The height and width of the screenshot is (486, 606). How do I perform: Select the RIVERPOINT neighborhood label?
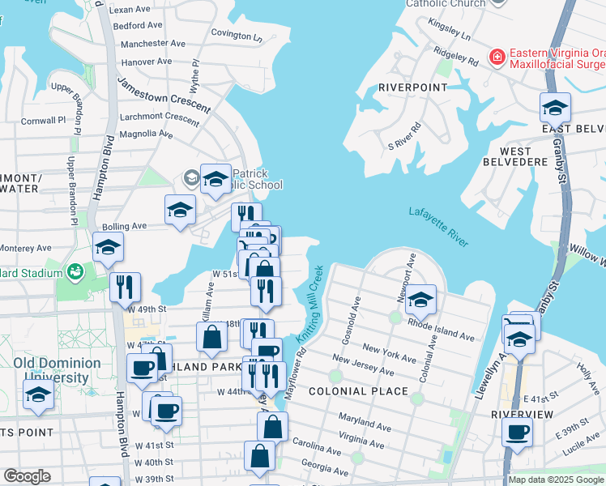pyautogui.click(x=412, y=87)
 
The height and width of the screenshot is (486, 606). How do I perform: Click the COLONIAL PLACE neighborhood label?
pyautogui.click(x=358, y=391)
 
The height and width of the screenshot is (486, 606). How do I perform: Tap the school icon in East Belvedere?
pyautogui.click(x=555, y=108)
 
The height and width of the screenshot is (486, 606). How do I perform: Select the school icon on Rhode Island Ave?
pyautogui.click(x=420, y=301)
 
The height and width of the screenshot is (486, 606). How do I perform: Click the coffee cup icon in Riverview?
pyautogui.click(x=517, y=433)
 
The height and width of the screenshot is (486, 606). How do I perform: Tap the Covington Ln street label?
pyautogui.click(x=237, y=36)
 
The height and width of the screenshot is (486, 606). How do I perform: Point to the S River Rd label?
pyautogui.click(x=404, y=136)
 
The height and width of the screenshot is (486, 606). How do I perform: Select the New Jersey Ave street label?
pyautogui.click(x=362, y=366)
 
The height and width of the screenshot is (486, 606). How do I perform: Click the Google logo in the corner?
pyautogui.click(x=26, y=476)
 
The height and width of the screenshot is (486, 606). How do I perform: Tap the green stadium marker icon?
pyautogui.click(x=75, y=271)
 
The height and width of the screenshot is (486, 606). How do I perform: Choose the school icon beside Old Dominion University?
pyautogui.click(x=37, y=396)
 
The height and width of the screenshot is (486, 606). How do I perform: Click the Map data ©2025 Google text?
pyautogui.click(x=555, y=480)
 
